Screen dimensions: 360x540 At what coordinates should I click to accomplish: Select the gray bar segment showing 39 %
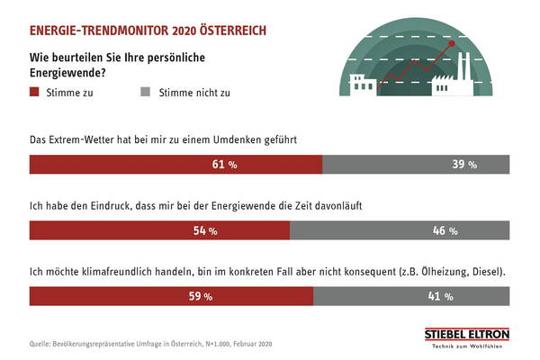[415, 165]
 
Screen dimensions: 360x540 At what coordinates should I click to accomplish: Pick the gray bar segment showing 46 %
[399, 230]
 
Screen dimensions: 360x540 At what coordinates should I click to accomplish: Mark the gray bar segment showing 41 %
[410, 295]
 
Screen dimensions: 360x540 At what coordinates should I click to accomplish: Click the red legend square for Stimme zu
[35, 91]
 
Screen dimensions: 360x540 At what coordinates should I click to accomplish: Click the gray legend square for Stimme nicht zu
[146, 91]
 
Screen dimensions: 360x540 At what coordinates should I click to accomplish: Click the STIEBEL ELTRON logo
[466, 334]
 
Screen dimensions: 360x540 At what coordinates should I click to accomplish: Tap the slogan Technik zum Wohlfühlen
[466, 346]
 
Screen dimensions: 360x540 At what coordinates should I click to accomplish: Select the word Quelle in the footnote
[40, 343]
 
